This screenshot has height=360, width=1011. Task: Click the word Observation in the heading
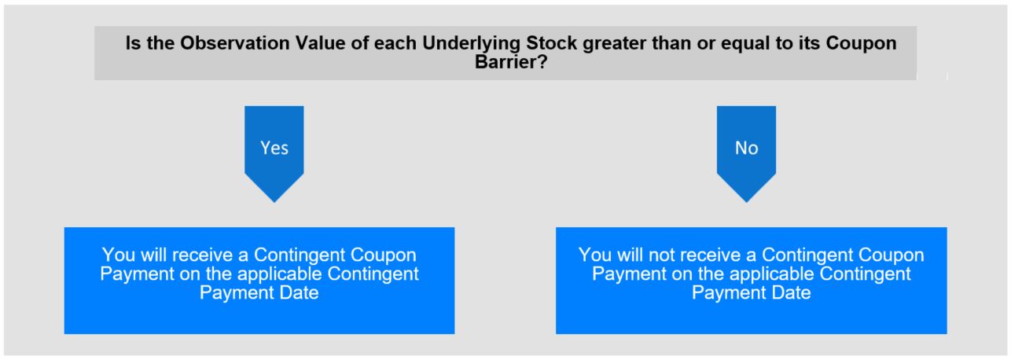(235, 43)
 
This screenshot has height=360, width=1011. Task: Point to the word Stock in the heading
(552, 43)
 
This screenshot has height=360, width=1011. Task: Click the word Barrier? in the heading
(511, 62)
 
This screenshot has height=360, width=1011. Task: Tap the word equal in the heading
(744, 44)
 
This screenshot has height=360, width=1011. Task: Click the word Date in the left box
(299, 292)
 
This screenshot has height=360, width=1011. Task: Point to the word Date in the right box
(791, 292)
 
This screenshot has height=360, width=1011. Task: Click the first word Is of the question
(133, 43)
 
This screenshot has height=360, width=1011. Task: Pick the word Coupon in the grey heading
(861, 44)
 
